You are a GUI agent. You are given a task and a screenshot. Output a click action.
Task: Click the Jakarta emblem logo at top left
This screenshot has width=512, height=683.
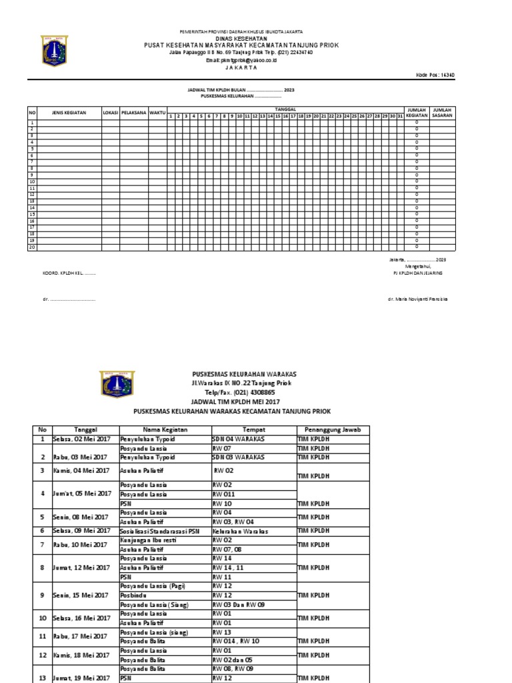coord(55,51)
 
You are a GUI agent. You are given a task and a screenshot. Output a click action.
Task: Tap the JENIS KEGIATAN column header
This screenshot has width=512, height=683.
coord(69,113)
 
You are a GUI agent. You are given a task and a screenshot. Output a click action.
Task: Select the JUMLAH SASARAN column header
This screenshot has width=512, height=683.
coord(441,113)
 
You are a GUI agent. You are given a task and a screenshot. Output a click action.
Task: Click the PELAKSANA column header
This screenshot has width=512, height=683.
coord(134,113)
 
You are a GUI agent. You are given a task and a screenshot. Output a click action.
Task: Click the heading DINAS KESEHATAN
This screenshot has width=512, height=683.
coord(243,38)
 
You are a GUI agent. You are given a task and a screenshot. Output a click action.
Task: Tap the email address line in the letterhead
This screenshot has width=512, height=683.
coord(242,60)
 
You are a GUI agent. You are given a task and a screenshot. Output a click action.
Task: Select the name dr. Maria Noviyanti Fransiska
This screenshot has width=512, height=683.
coord(418,299)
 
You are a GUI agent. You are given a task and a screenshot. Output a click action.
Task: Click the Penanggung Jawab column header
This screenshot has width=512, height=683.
coord(332,430)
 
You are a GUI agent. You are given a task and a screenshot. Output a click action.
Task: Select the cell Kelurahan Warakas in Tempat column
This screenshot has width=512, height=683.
coord(240,531)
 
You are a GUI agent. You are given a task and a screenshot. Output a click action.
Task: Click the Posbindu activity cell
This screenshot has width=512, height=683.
coord(131,595)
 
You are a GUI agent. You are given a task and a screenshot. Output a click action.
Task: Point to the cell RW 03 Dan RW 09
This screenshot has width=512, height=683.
coord(239,604)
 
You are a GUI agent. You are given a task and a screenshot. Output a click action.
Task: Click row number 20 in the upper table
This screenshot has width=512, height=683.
coord(31,247)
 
